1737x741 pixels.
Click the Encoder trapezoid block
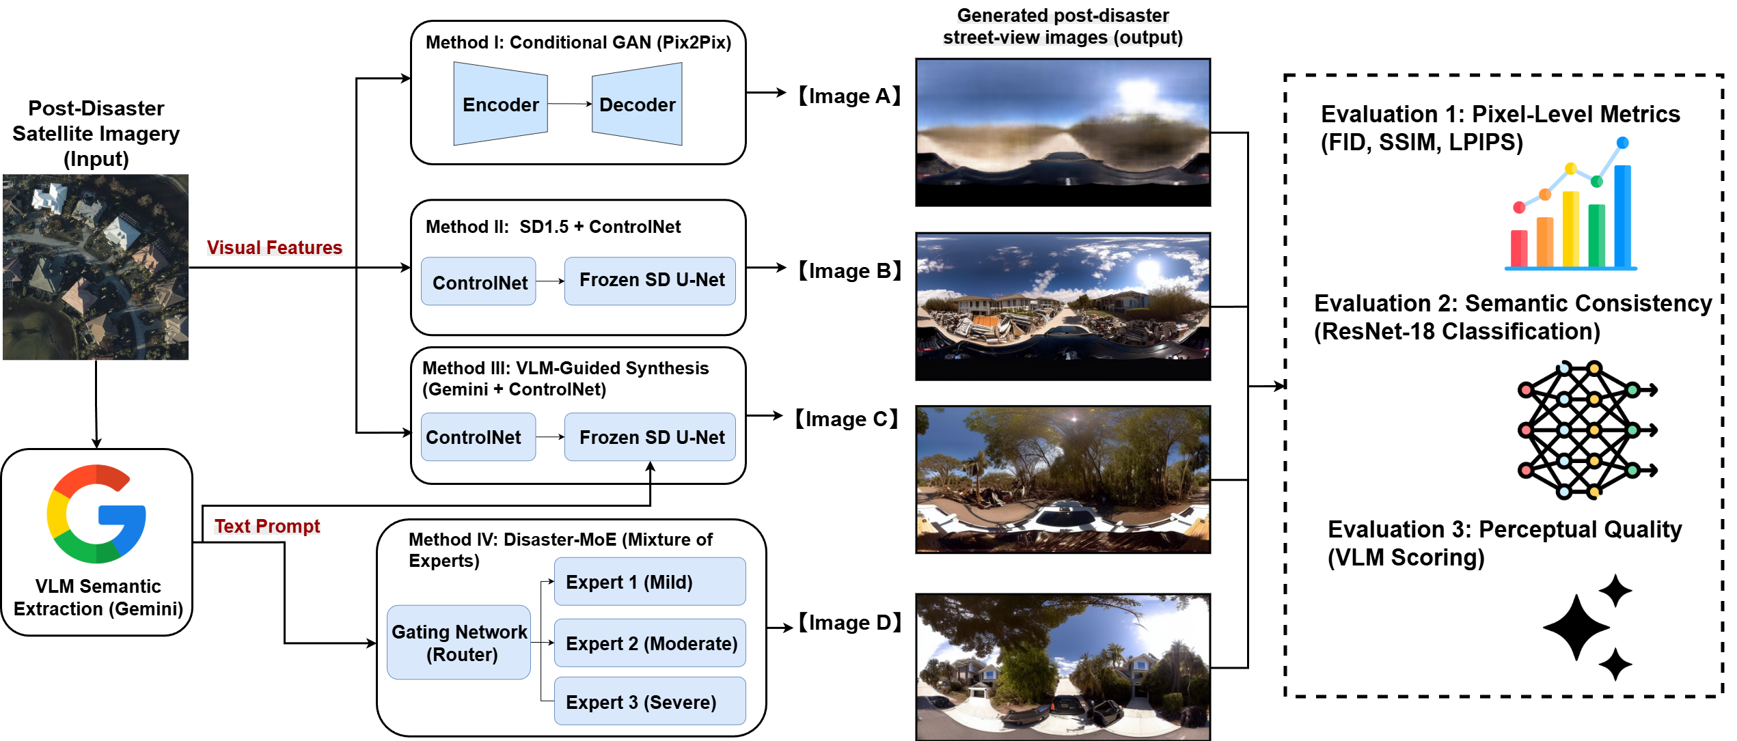[x=500, y=104]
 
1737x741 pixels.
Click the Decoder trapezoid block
[x=637, y=104]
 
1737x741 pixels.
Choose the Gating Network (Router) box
[x=459, y=643]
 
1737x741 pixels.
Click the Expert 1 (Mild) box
[x=649, y=582]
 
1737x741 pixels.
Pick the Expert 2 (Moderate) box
[x=649, y=643]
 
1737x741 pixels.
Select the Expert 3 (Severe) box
[x=649, y=701]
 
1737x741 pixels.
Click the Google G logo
[x=96, y=514]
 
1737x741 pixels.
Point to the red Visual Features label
[x=274, y=247]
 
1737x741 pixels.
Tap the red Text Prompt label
[x=267, y=526]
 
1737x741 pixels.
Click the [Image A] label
[x=849, y=96]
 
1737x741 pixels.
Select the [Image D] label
[x=849, y=623]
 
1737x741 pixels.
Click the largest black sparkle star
[x=1576, y=627]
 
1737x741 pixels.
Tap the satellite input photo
[x=96, y=267]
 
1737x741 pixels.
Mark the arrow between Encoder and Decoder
[x=569, y=104]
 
